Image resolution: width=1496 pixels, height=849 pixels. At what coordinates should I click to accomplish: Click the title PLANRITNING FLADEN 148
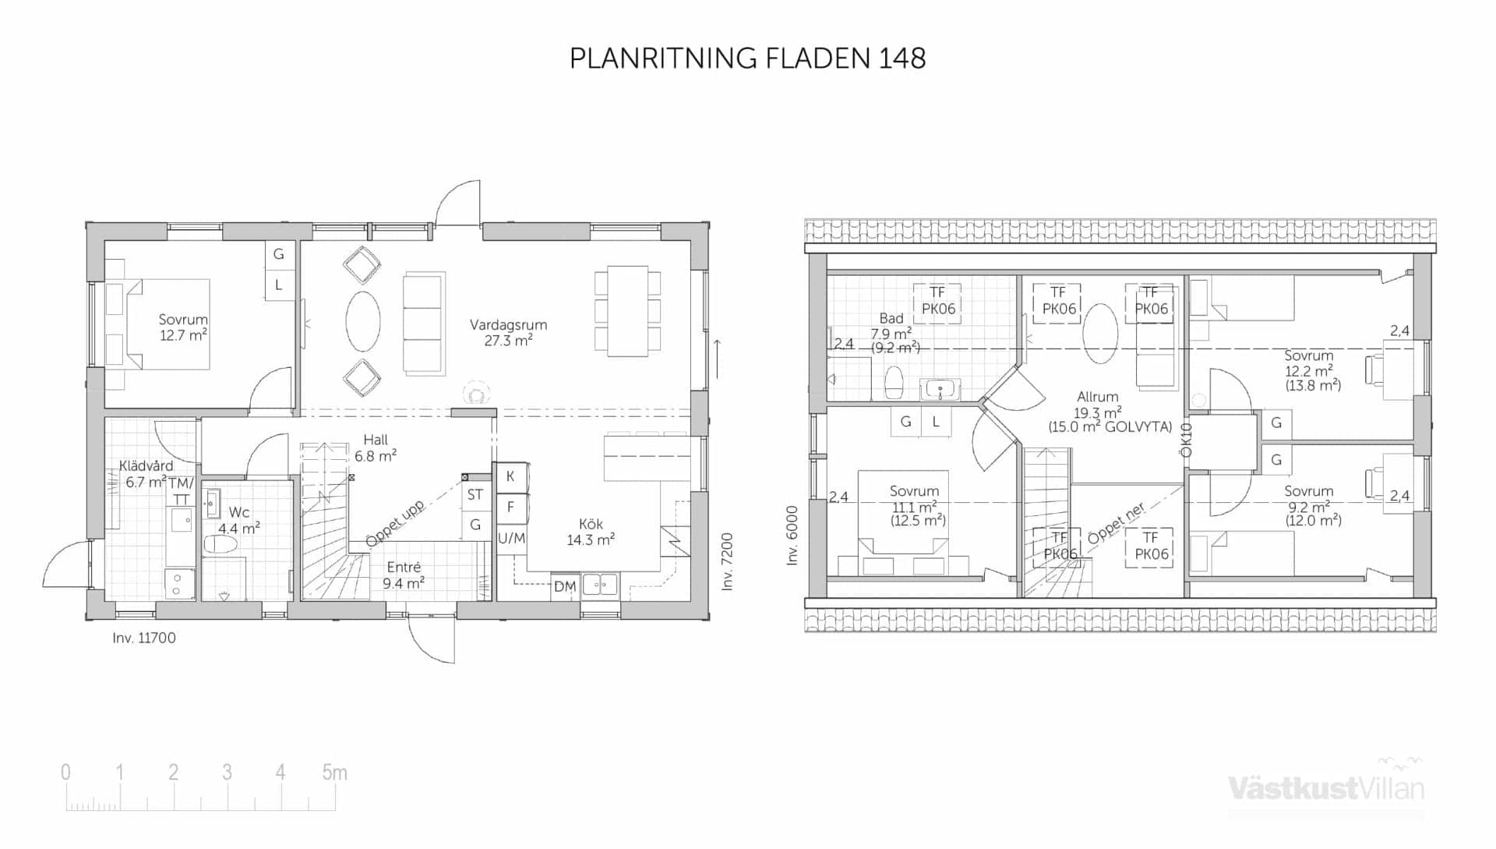click(747, 58)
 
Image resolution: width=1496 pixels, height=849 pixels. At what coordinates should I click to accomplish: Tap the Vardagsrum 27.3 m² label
click(508, 333)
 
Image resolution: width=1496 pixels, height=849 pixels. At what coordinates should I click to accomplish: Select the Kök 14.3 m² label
click(591, 532)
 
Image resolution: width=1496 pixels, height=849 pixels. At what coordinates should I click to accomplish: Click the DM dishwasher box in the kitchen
click(565, 586)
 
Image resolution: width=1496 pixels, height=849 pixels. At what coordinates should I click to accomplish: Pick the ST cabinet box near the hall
click(475, 495)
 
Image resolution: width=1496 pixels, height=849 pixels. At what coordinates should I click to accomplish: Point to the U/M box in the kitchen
click(511, 538)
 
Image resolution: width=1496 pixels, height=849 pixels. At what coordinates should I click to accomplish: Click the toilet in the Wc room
click(220, 543)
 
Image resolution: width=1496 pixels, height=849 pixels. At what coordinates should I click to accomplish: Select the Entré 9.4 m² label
click(404, 575)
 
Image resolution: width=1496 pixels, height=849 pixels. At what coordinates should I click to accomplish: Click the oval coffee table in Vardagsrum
click(363, 321)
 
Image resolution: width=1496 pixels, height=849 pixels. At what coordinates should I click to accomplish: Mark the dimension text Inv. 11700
click(144, 638)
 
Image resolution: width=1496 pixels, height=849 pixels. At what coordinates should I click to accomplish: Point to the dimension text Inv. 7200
click(727, 561)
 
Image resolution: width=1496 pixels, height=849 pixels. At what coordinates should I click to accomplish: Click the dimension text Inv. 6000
click(792, 536)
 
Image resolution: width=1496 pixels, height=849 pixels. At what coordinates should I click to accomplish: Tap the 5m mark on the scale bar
click(334, 773)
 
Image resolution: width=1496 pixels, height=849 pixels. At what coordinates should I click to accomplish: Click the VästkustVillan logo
click(1326, 787)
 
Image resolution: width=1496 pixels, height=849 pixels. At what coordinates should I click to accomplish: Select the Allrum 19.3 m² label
click(1099, 412)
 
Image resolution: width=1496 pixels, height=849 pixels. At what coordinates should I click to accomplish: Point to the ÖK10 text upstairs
click(1186, 440)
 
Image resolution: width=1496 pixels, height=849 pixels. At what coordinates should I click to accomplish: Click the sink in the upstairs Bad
click(940, 389)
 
